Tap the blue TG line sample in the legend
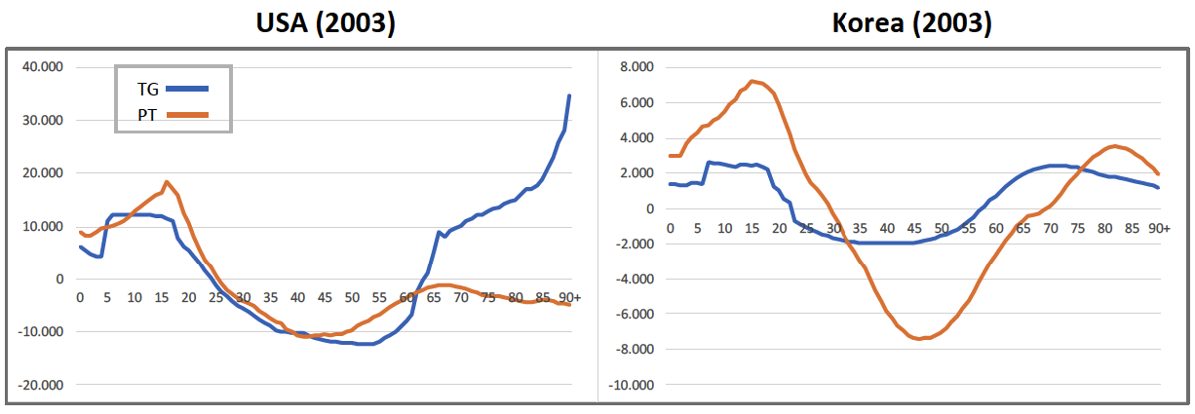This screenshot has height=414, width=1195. click(187, 89)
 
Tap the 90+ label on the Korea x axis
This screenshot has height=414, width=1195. click(1159, 227)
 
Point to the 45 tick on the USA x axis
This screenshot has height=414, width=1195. click(325, 297)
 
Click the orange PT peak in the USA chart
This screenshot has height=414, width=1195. click(167, 181)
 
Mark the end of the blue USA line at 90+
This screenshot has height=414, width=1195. click(569, 95)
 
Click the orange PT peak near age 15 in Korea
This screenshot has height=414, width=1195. click(752, 81)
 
